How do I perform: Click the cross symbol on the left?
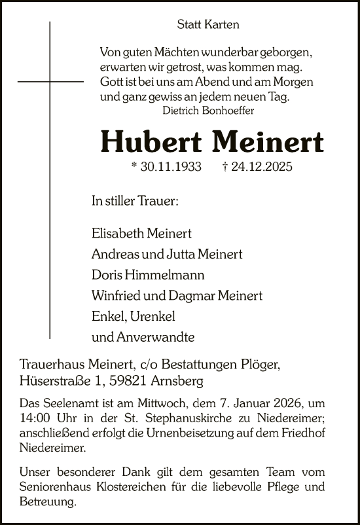(x=50, y=81)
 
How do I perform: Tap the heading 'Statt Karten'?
(x=208, y=25)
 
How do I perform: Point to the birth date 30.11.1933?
(x=166, y=167)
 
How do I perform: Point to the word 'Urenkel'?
(x=153, y=317)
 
